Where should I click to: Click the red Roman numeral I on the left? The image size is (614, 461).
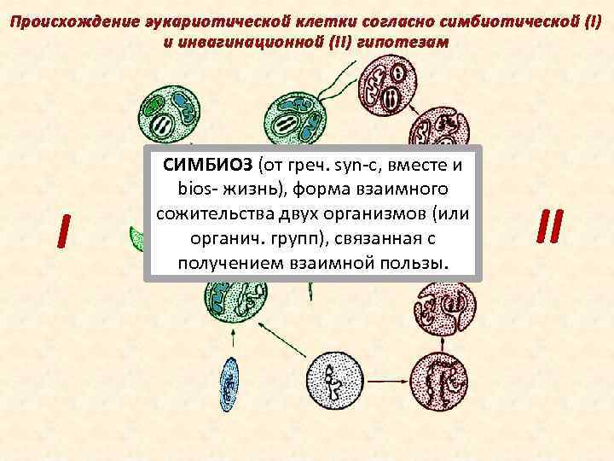point(61,229)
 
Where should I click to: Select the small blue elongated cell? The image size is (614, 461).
point(229,383)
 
